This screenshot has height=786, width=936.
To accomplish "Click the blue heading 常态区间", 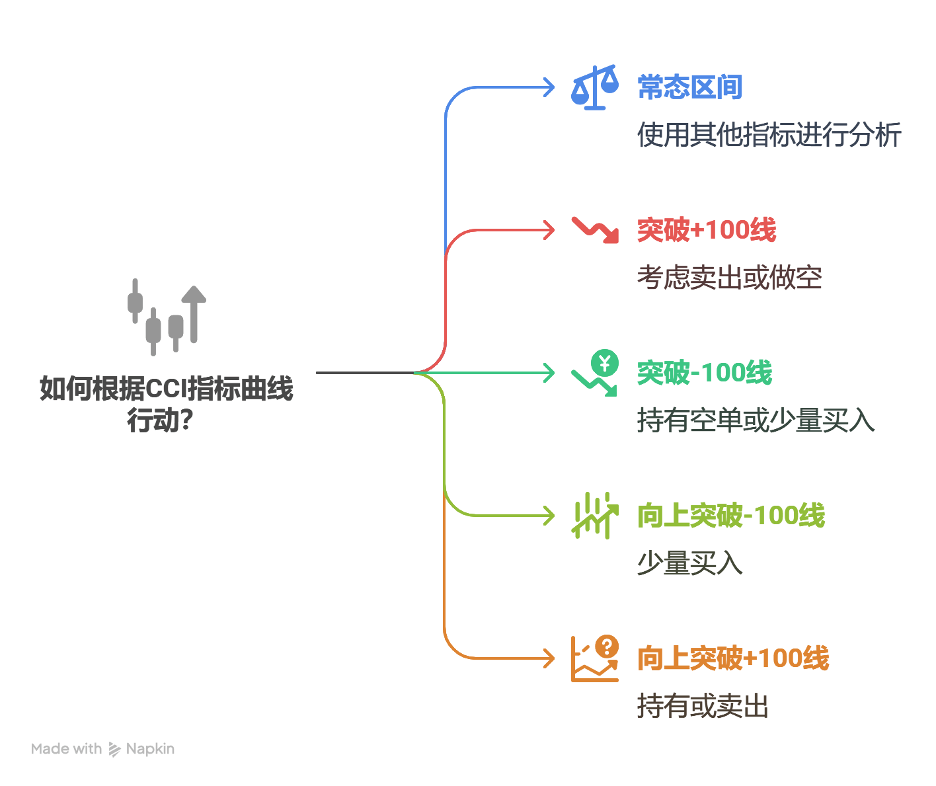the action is point(689,87).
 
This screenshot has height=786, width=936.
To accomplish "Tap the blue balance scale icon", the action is point(594,87).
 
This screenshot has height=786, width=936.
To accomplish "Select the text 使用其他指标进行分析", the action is point(769,134).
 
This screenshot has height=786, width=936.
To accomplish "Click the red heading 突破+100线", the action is point(707,230).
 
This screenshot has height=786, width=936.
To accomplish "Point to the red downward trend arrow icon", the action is point(596,231).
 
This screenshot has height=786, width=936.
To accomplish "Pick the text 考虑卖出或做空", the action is point(729,278).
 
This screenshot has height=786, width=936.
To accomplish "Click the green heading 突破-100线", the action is point(705,373).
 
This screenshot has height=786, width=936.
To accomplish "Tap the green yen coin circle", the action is point(605,363).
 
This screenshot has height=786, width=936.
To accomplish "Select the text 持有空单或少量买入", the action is point(756,420).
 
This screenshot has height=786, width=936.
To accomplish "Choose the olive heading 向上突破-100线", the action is point(731,516).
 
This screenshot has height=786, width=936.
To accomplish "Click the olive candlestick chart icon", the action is point(595,516).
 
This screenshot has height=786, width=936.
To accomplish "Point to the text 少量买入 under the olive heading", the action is point(690,563).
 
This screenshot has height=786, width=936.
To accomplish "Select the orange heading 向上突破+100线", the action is point(733,658).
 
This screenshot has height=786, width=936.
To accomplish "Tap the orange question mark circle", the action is point(607,647).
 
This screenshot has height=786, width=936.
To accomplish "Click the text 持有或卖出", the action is point(703,706).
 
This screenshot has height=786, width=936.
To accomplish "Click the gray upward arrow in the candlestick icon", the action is point(194,314).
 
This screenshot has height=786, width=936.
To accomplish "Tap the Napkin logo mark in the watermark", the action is point(114,749).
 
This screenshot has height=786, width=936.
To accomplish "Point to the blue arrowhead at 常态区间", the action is point(549,87).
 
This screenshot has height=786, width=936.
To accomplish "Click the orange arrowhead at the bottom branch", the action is point(549,658).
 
